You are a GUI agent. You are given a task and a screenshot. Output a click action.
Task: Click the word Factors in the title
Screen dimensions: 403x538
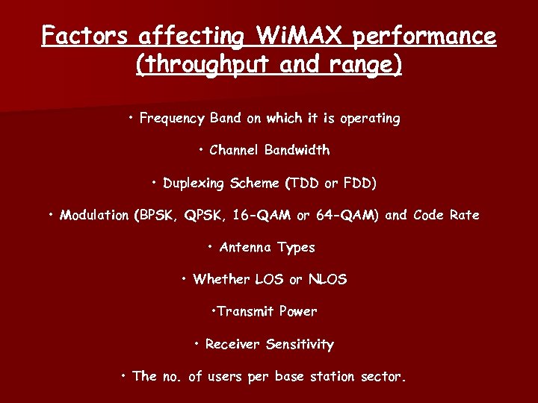click(83, 35)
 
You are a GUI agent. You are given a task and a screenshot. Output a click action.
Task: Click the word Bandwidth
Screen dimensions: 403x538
click(297, 150)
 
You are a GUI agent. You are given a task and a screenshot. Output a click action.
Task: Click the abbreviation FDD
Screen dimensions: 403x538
click(359, 183)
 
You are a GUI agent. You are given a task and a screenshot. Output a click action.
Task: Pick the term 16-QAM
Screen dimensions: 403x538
click(262, 215)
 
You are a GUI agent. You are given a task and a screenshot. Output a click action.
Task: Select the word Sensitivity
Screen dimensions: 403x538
click(300, 344)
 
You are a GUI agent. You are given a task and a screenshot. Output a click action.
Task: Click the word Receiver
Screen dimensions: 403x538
click(233, 344)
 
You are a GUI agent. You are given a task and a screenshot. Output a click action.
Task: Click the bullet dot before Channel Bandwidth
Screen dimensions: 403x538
click(202, 149)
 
